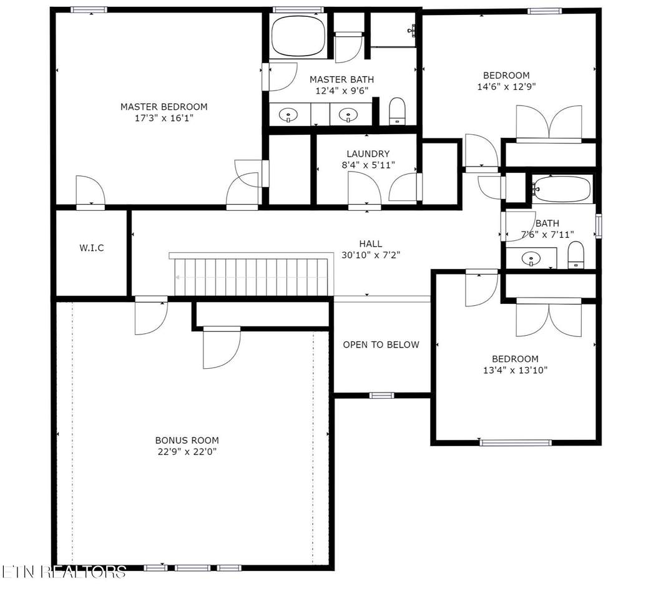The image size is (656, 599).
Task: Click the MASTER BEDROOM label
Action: click(x=164, y=107)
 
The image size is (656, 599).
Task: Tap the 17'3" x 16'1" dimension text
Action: click(x=164, y=118)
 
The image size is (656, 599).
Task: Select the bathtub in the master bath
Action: click(x=298, y=36)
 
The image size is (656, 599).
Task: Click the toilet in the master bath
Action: click(x=397, y=111)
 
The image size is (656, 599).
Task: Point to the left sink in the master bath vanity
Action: click(x=288, y=115)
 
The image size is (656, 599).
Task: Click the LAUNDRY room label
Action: click(x=368, y=153)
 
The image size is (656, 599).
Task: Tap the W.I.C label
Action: click(x=92, y=248)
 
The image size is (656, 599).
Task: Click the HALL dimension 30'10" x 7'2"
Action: click(x=371, y=255)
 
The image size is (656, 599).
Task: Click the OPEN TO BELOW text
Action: click(x=381, y=344)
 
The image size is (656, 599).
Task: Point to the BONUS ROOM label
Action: click(x=187, y=440)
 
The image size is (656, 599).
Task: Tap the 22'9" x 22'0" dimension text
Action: click(x=187, y=452)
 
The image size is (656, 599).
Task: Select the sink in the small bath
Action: click(x=531, y=259)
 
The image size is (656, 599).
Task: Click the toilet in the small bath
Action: click(x=576, y=255)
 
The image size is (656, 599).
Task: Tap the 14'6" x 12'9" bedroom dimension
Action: click(x=507, y=87)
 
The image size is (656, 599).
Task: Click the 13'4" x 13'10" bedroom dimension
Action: click(x=516, y=370)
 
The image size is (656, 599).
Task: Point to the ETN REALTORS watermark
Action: click(x=64, y=572)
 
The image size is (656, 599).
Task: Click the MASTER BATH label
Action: click(x=342, y=79)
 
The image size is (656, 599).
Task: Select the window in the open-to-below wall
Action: click(x=381, y=396)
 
